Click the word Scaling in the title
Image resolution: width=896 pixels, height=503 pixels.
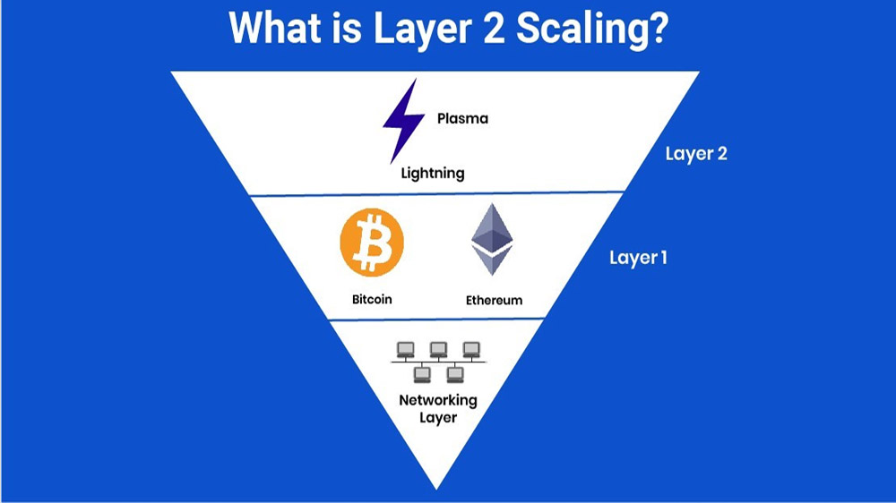point(592,30)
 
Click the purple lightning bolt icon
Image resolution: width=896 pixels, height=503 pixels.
point(403,121)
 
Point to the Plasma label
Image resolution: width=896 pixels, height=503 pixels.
point(463,119)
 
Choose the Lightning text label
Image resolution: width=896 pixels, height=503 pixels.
point(433,173)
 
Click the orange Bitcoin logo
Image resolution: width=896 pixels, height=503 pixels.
point(372,242)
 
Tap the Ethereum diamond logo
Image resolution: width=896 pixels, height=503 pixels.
point(492,239)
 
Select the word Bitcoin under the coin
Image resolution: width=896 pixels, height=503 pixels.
point(372,299)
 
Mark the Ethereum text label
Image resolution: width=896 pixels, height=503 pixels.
point(494,301)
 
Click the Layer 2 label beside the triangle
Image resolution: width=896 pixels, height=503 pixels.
point(696,154)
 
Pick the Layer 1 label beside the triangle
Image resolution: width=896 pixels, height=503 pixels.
point(638,258)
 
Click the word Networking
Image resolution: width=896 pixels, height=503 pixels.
point(438,400)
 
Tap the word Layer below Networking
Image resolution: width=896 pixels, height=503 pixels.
point(438,417)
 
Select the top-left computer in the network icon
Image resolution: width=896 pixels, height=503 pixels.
point(406,349)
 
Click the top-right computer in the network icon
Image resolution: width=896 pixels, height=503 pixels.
point(471,349)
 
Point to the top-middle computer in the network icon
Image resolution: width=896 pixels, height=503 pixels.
point(438,349)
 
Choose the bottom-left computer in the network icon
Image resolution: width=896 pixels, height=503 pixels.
point(422,374)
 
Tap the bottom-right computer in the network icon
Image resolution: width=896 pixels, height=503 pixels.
point(455,374)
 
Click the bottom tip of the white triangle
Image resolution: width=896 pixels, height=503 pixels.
point(436,489)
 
